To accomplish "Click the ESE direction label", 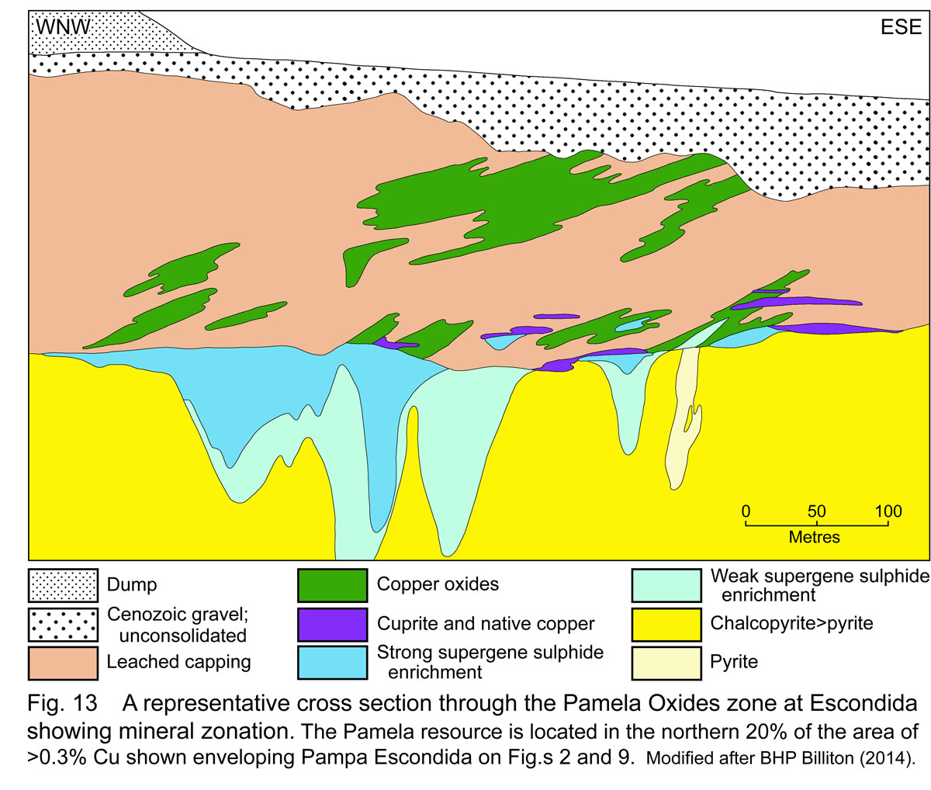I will coord(901,28).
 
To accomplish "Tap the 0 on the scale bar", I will coord(746,511).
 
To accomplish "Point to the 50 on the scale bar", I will coord(816,511).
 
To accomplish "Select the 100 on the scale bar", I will coord(889,511).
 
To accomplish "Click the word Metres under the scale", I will coord(815,536).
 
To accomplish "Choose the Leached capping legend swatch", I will coord(63,663).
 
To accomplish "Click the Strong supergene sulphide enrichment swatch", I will coord(332,663).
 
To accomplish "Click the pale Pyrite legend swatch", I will coord(665,663).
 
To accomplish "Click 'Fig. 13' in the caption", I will coord(62,705).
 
